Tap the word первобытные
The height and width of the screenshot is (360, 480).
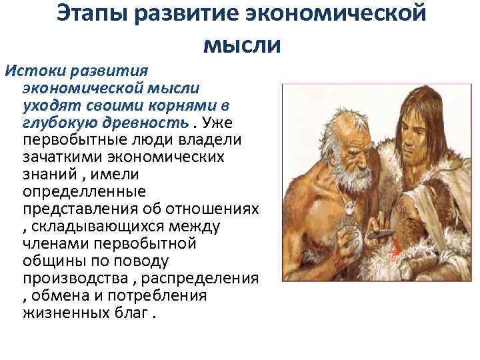[x=72, y=141]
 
